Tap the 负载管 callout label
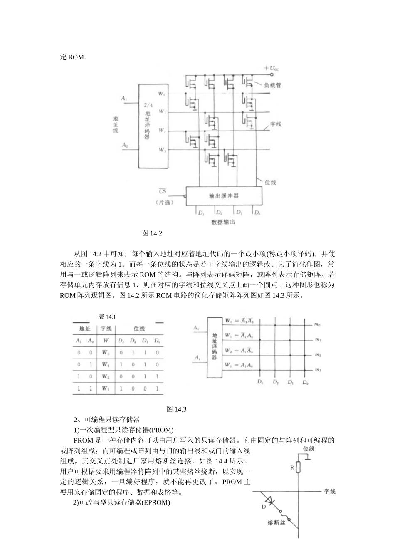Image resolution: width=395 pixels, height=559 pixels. [x=272, y=85]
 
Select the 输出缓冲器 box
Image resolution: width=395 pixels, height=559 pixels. [x=224, y=196]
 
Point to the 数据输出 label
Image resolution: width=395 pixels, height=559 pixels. [x=223, y=222]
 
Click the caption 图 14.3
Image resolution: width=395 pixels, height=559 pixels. [x=176, y=409]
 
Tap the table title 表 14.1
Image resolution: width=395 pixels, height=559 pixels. [x=107, y=317]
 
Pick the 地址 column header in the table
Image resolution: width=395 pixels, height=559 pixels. [x=85, y=329]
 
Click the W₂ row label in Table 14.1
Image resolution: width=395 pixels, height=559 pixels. [x=106, y=376]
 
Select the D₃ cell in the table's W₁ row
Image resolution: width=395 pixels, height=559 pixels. [x=121, y=364]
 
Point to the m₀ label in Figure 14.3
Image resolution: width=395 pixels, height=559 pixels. [x=318, y=325]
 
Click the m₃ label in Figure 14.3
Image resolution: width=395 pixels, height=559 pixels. [x=318, y=370]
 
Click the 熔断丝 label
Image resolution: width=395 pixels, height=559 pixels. [x=275, y=522]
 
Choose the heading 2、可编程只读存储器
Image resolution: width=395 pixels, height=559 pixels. [x=106, y=420]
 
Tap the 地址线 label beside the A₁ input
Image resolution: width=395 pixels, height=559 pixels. [x=116, y=124]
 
